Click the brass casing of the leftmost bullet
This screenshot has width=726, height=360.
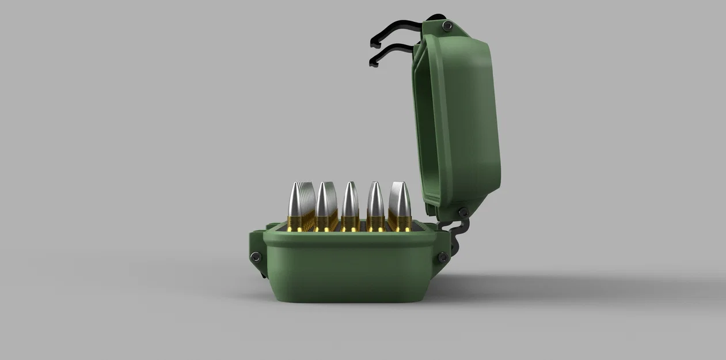[x=295, y=222]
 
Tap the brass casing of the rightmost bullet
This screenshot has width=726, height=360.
[x=401, y=222]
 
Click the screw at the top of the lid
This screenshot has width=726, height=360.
[x=447, y=25]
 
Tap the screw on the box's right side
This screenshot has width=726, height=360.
[x=443, y=257]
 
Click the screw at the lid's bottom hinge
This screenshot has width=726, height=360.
[x=462, y=213]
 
